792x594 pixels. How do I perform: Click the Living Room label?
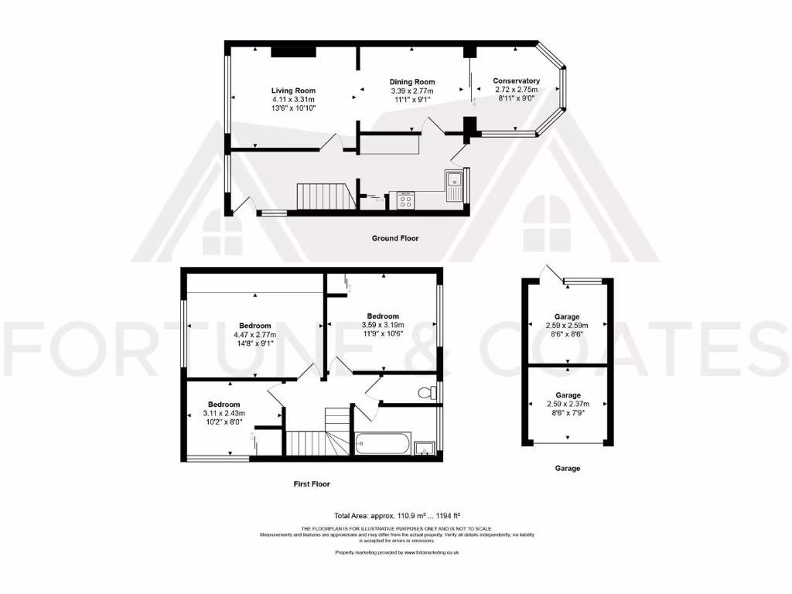point(293,90)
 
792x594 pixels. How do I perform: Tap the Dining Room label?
point(411,82)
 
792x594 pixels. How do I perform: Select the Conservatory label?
point(516,81)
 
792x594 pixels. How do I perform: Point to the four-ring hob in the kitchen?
point(406,200)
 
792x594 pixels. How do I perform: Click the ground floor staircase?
point(325,196)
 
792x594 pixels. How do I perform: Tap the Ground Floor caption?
point(395,238)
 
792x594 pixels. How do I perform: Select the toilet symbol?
point(426,393)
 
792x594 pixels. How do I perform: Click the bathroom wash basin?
point(423,448)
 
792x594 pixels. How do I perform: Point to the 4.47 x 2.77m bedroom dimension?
point(254,335)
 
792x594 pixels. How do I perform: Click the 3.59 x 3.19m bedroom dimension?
point(383,326)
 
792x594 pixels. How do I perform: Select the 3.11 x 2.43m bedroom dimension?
point(224,414)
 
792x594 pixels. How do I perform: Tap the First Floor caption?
point(311,484)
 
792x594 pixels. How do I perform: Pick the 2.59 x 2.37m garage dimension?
point(568,404)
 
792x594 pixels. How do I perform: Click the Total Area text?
point(395,515)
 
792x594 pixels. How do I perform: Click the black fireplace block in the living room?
point(294,52)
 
